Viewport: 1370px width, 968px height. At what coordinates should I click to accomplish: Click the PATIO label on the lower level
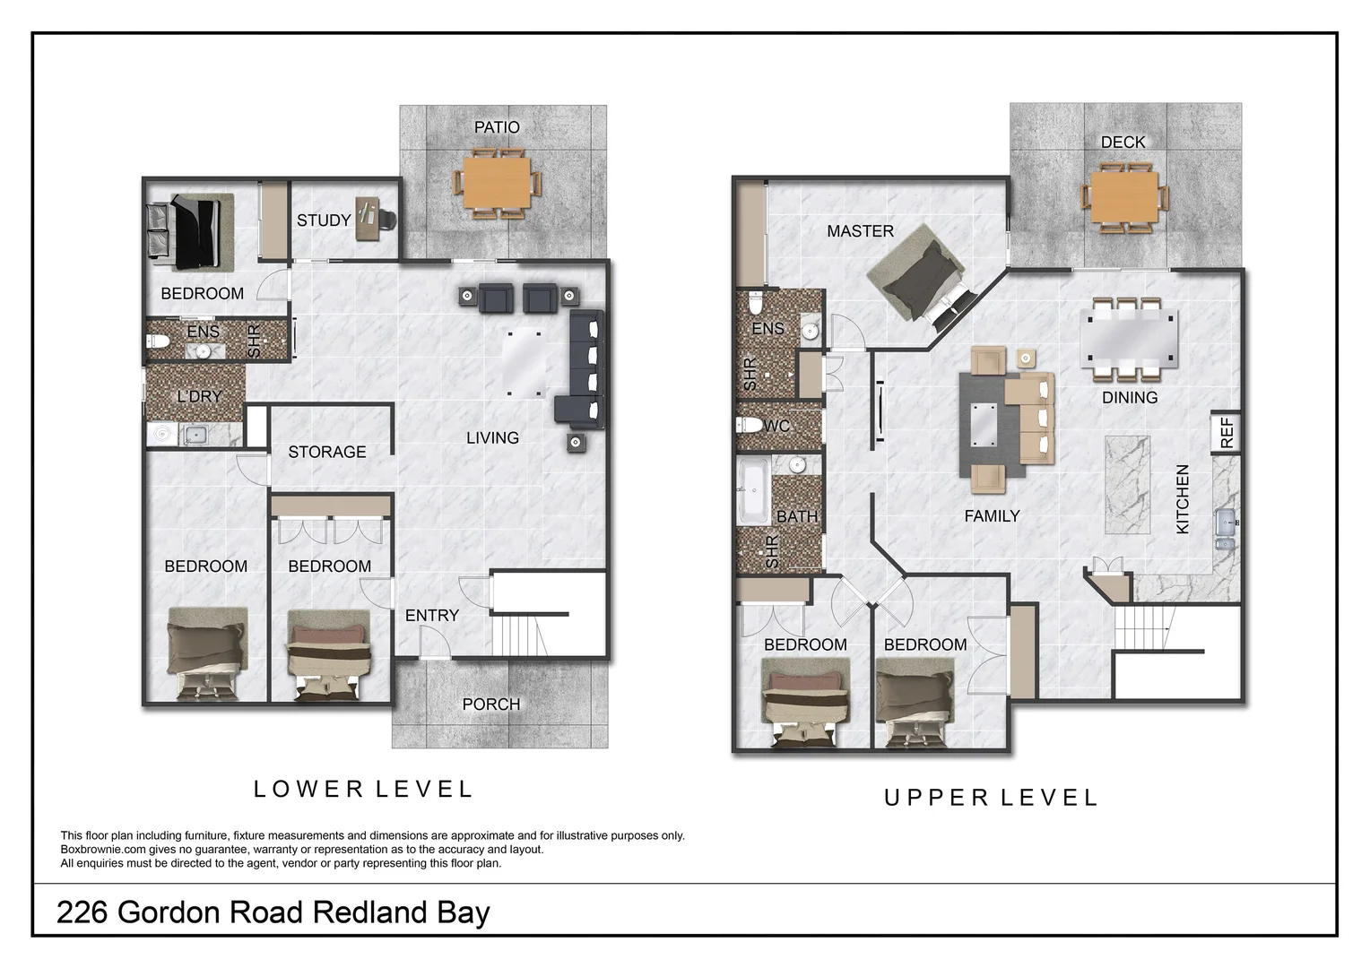(497, 127)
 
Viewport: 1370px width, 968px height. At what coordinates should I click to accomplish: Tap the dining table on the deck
(1124, 197)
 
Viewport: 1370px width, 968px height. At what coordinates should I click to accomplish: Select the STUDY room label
(324, 220)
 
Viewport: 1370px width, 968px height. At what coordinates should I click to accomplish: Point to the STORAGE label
(327, 453)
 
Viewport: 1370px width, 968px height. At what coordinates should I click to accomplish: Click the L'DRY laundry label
(199, 396)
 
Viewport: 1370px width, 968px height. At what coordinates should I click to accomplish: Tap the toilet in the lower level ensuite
(159, 341)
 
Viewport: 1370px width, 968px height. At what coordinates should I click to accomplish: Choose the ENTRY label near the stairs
(431, 616)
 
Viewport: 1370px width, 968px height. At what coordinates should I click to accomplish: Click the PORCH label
(490, 704)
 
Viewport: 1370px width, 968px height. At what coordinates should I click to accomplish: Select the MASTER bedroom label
(860, 231)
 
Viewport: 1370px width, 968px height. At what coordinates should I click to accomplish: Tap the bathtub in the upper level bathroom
(751, 491)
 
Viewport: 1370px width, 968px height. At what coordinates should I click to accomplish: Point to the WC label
(776, 426)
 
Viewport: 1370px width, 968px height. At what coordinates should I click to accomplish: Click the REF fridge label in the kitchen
(1227, 433)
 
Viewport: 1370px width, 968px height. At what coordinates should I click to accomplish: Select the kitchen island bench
(1127, 484)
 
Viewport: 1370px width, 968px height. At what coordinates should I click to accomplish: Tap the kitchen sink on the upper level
(1226, 531)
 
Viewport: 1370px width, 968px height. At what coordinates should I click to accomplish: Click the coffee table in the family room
(982, 424)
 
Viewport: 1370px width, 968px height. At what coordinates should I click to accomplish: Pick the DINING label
(1129, 398)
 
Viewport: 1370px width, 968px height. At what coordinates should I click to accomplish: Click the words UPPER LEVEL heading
(991, 798)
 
